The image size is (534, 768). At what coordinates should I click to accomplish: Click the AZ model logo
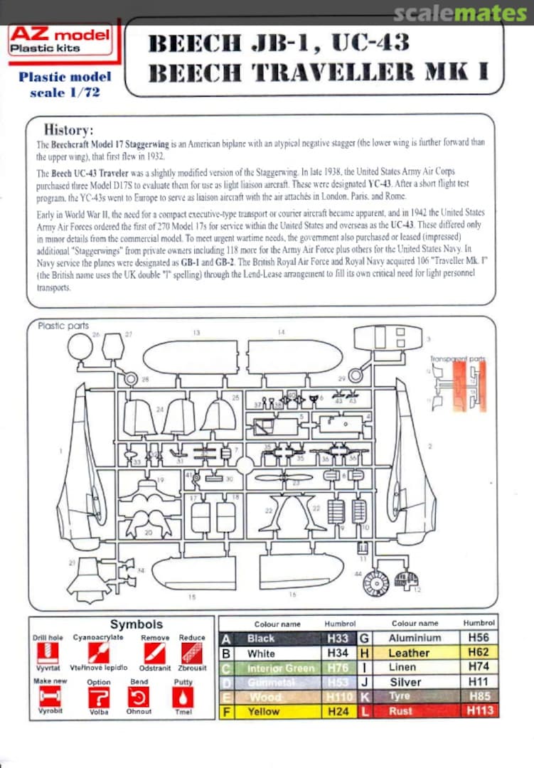point(60,41)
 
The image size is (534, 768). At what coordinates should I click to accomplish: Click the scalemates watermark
point(460,13)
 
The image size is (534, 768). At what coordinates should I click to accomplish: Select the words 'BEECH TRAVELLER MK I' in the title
point(318,72)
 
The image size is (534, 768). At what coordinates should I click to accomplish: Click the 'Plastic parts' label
point(63,326)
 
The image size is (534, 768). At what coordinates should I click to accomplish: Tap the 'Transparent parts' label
point(458,359)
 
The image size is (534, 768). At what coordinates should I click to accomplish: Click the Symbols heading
point(136,624)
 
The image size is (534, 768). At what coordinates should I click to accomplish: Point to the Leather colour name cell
point(409,653)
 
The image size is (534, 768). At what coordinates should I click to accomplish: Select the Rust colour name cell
point(400,710)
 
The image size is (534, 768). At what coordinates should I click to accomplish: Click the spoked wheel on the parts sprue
point(374,583)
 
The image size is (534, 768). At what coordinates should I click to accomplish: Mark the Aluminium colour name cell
point(415,638)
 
